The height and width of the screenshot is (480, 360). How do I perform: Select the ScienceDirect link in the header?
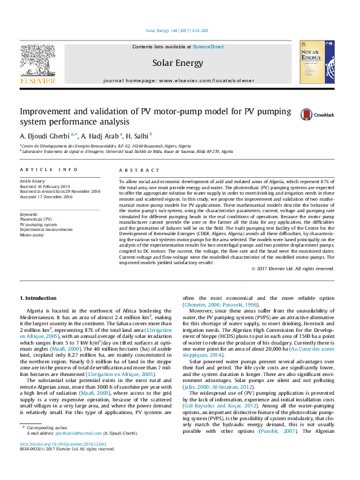click(208, 47)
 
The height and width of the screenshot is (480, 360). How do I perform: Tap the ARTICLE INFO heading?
click(48, 170)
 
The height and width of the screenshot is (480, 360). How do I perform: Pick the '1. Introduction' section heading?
click(39, 298)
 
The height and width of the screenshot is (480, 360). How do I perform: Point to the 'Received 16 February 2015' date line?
click(45, 186)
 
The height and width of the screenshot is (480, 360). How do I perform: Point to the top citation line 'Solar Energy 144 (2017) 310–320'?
click(177, 30)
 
